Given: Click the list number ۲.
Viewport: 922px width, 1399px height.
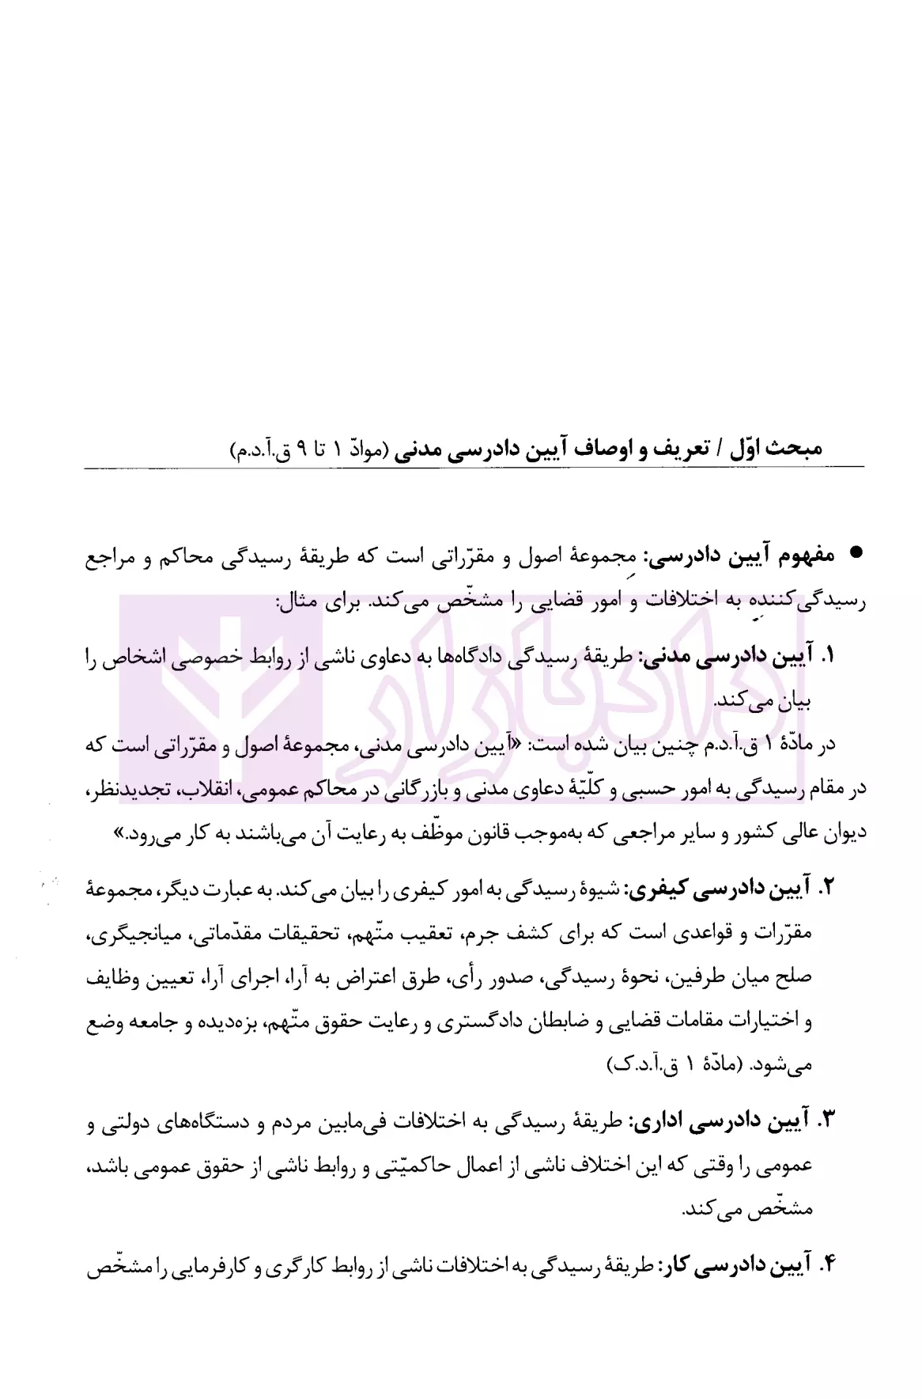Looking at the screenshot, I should tap(826, 889).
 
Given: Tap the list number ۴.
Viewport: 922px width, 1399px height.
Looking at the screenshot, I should tap(826, 1266).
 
